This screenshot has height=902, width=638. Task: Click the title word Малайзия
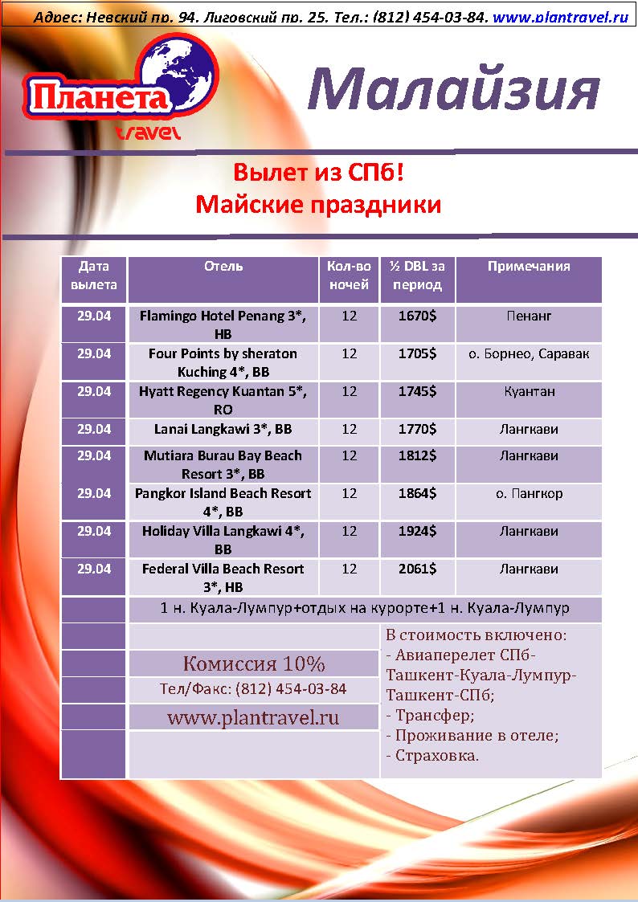point(453,90)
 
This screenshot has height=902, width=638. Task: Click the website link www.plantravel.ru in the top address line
point(561,17)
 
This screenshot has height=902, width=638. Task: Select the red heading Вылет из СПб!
point(319,172)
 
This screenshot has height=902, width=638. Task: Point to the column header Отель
point(223,267)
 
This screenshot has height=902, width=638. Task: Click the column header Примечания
point(529,267)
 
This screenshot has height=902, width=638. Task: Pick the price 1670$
point(417,316)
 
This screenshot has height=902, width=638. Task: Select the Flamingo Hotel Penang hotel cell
point(223,325)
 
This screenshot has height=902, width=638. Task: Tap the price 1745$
point(417,391)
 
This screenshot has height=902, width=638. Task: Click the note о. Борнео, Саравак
point(529,353)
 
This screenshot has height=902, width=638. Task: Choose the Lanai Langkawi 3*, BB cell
point(223,429)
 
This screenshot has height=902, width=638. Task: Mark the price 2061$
point(417,569)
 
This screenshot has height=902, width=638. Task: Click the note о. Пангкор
point(529,493)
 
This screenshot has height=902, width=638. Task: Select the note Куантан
point(530,392)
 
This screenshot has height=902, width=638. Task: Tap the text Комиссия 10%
point(254,663)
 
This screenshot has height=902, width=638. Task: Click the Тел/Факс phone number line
point(253,689)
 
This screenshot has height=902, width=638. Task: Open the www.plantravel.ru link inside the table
point(253,717)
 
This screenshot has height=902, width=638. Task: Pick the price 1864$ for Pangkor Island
point(417,493)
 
